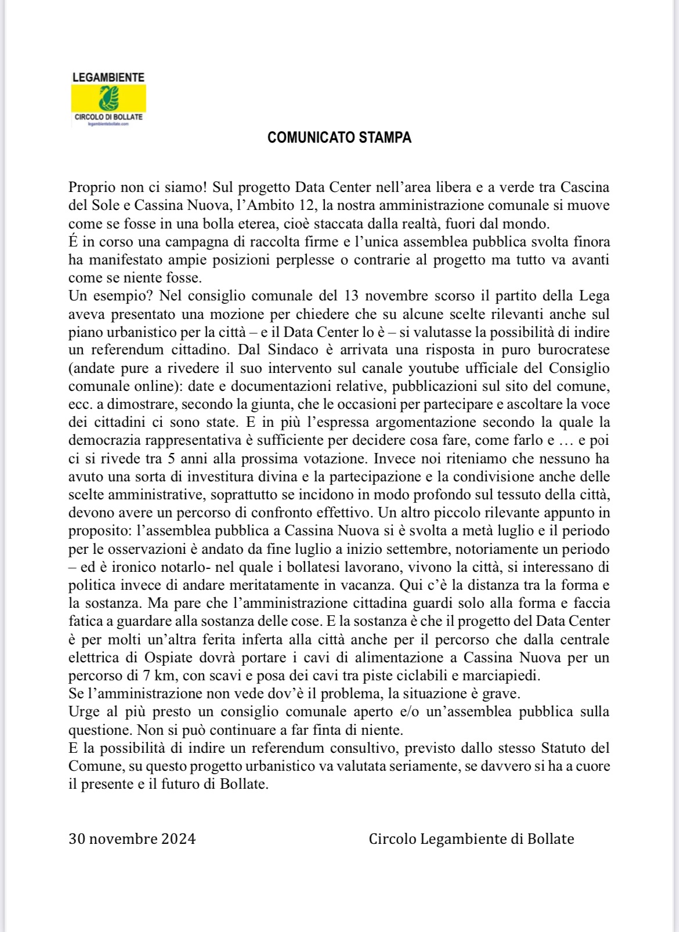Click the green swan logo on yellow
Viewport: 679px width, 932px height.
(x=109, y=98)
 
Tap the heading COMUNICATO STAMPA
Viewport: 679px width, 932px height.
(x=339, y=138)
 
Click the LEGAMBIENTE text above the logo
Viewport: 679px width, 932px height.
(x=109, y=77)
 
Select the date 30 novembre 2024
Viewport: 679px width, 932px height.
(x=132, y=839)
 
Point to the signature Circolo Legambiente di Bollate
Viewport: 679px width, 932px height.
(x=471, y=839)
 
